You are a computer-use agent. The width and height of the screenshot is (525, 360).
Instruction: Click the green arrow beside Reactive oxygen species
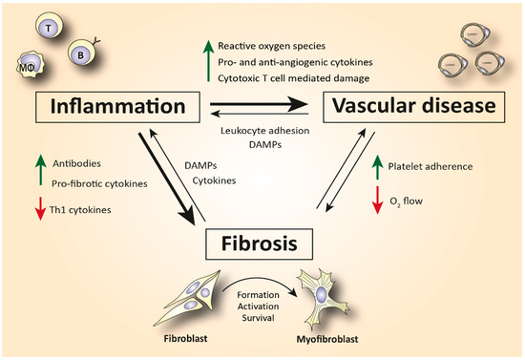205,59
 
